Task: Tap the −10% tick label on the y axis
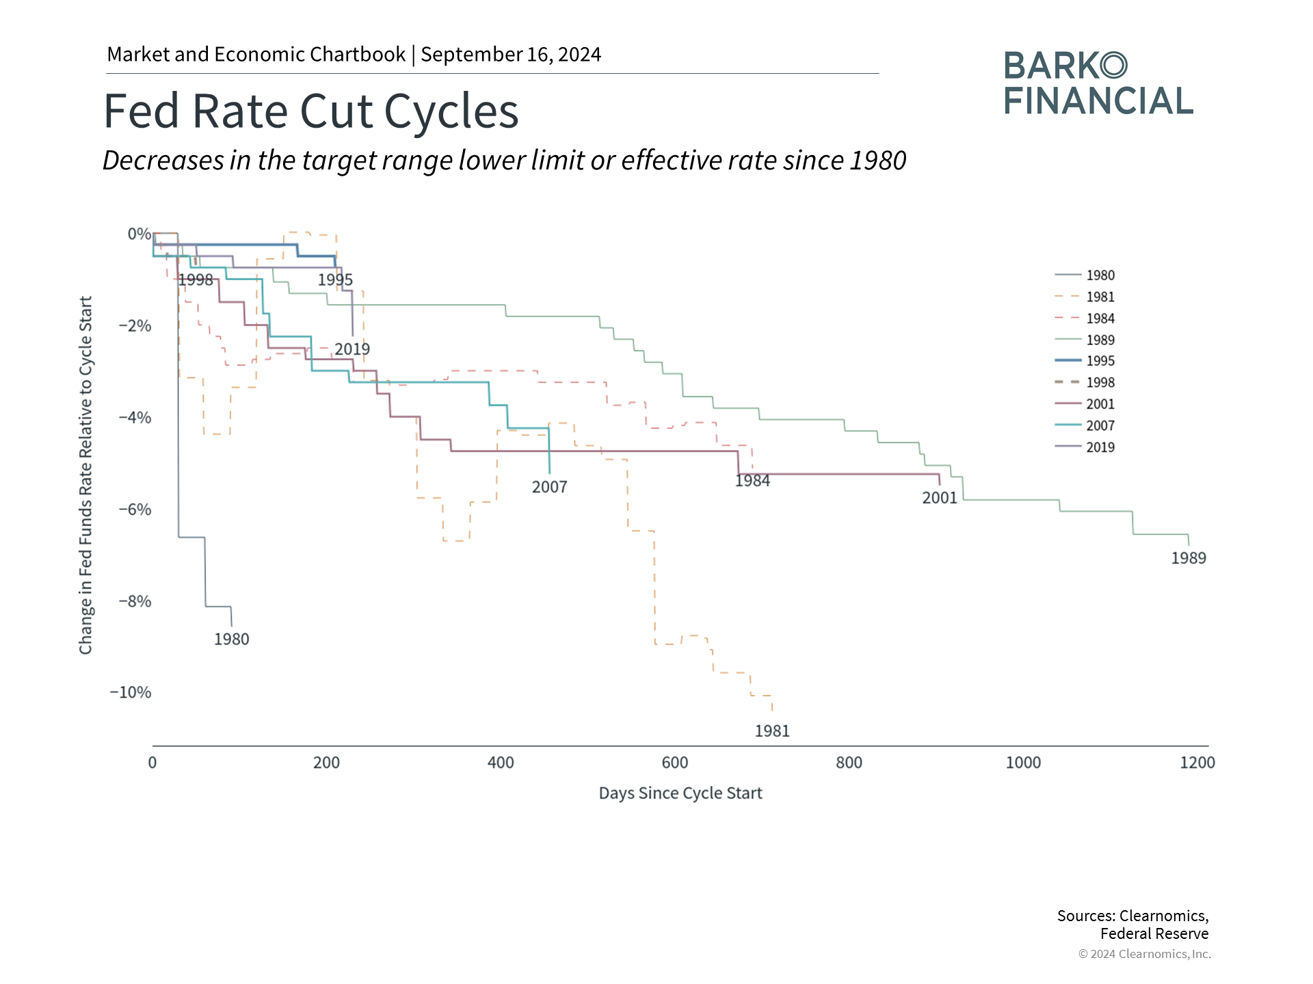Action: coord(130,692)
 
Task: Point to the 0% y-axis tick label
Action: coord(139,234)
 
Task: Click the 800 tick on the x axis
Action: coord(849,763)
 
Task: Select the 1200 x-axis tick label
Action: coord(1197,763)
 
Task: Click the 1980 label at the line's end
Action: coord(231,639)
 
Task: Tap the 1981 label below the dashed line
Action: coord(772,731)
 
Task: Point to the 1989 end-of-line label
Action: coord(1189,558)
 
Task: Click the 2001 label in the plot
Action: coord(940,498)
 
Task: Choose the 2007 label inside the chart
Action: coord(549,487)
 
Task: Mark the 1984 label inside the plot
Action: coord(752,481)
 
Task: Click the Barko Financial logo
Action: coord(1098,83)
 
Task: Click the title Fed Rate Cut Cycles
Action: coord(311,111)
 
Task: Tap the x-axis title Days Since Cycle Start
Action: coord(680,793)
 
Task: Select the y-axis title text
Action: coord(85,475)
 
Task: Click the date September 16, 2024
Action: coord(511,55)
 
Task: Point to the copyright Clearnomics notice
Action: coord(1144,954)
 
